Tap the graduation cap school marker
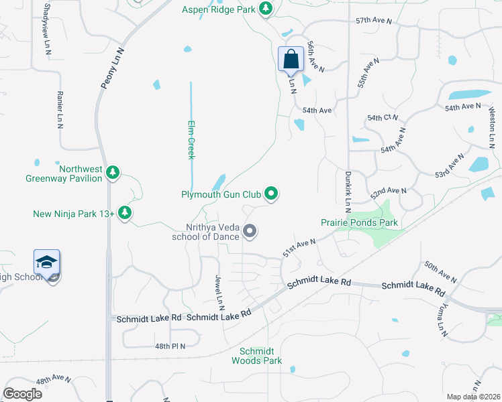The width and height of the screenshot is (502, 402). click(47, 262)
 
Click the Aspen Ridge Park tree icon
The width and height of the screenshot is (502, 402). click(266, 8)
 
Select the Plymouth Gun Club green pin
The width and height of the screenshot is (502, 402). click(271, 194)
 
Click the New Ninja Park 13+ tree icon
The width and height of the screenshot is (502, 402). click(124, 213)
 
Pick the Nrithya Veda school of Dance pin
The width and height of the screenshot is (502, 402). click(250, 232)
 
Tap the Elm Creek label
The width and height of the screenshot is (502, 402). click(191, 139)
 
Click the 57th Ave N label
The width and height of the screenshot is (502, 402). click(374, 21)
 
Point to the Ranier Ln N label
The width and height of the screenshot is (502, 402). click(60, 110)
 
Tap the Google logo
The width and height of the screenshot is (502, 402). click(22, 394)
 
